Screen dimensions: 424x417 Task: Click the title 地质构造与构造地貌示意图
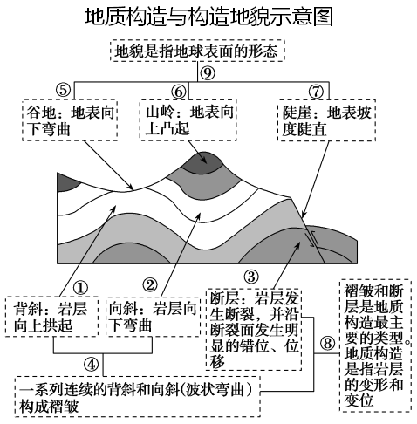click(x=209, y=17)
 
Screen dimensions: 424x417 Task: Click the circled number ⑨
click(x=207, y=72)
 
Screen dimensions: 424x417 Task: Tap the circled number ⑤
click(x=62, y=91)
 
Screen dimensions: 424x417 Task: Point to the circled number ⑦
click(x=315, y=91)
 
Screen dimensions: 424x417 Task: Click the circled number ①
click(x=80, y=286)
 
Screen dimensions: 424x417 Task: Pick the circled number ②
click(x=150, y=286)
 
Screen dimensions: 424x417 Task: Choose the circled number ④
click(x=91, y=363)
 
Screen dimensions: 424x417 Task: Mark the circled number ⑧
click(x=327, y=343)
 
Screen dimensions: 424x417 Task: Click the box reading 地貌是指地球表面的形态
click(x=197, y=51)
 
